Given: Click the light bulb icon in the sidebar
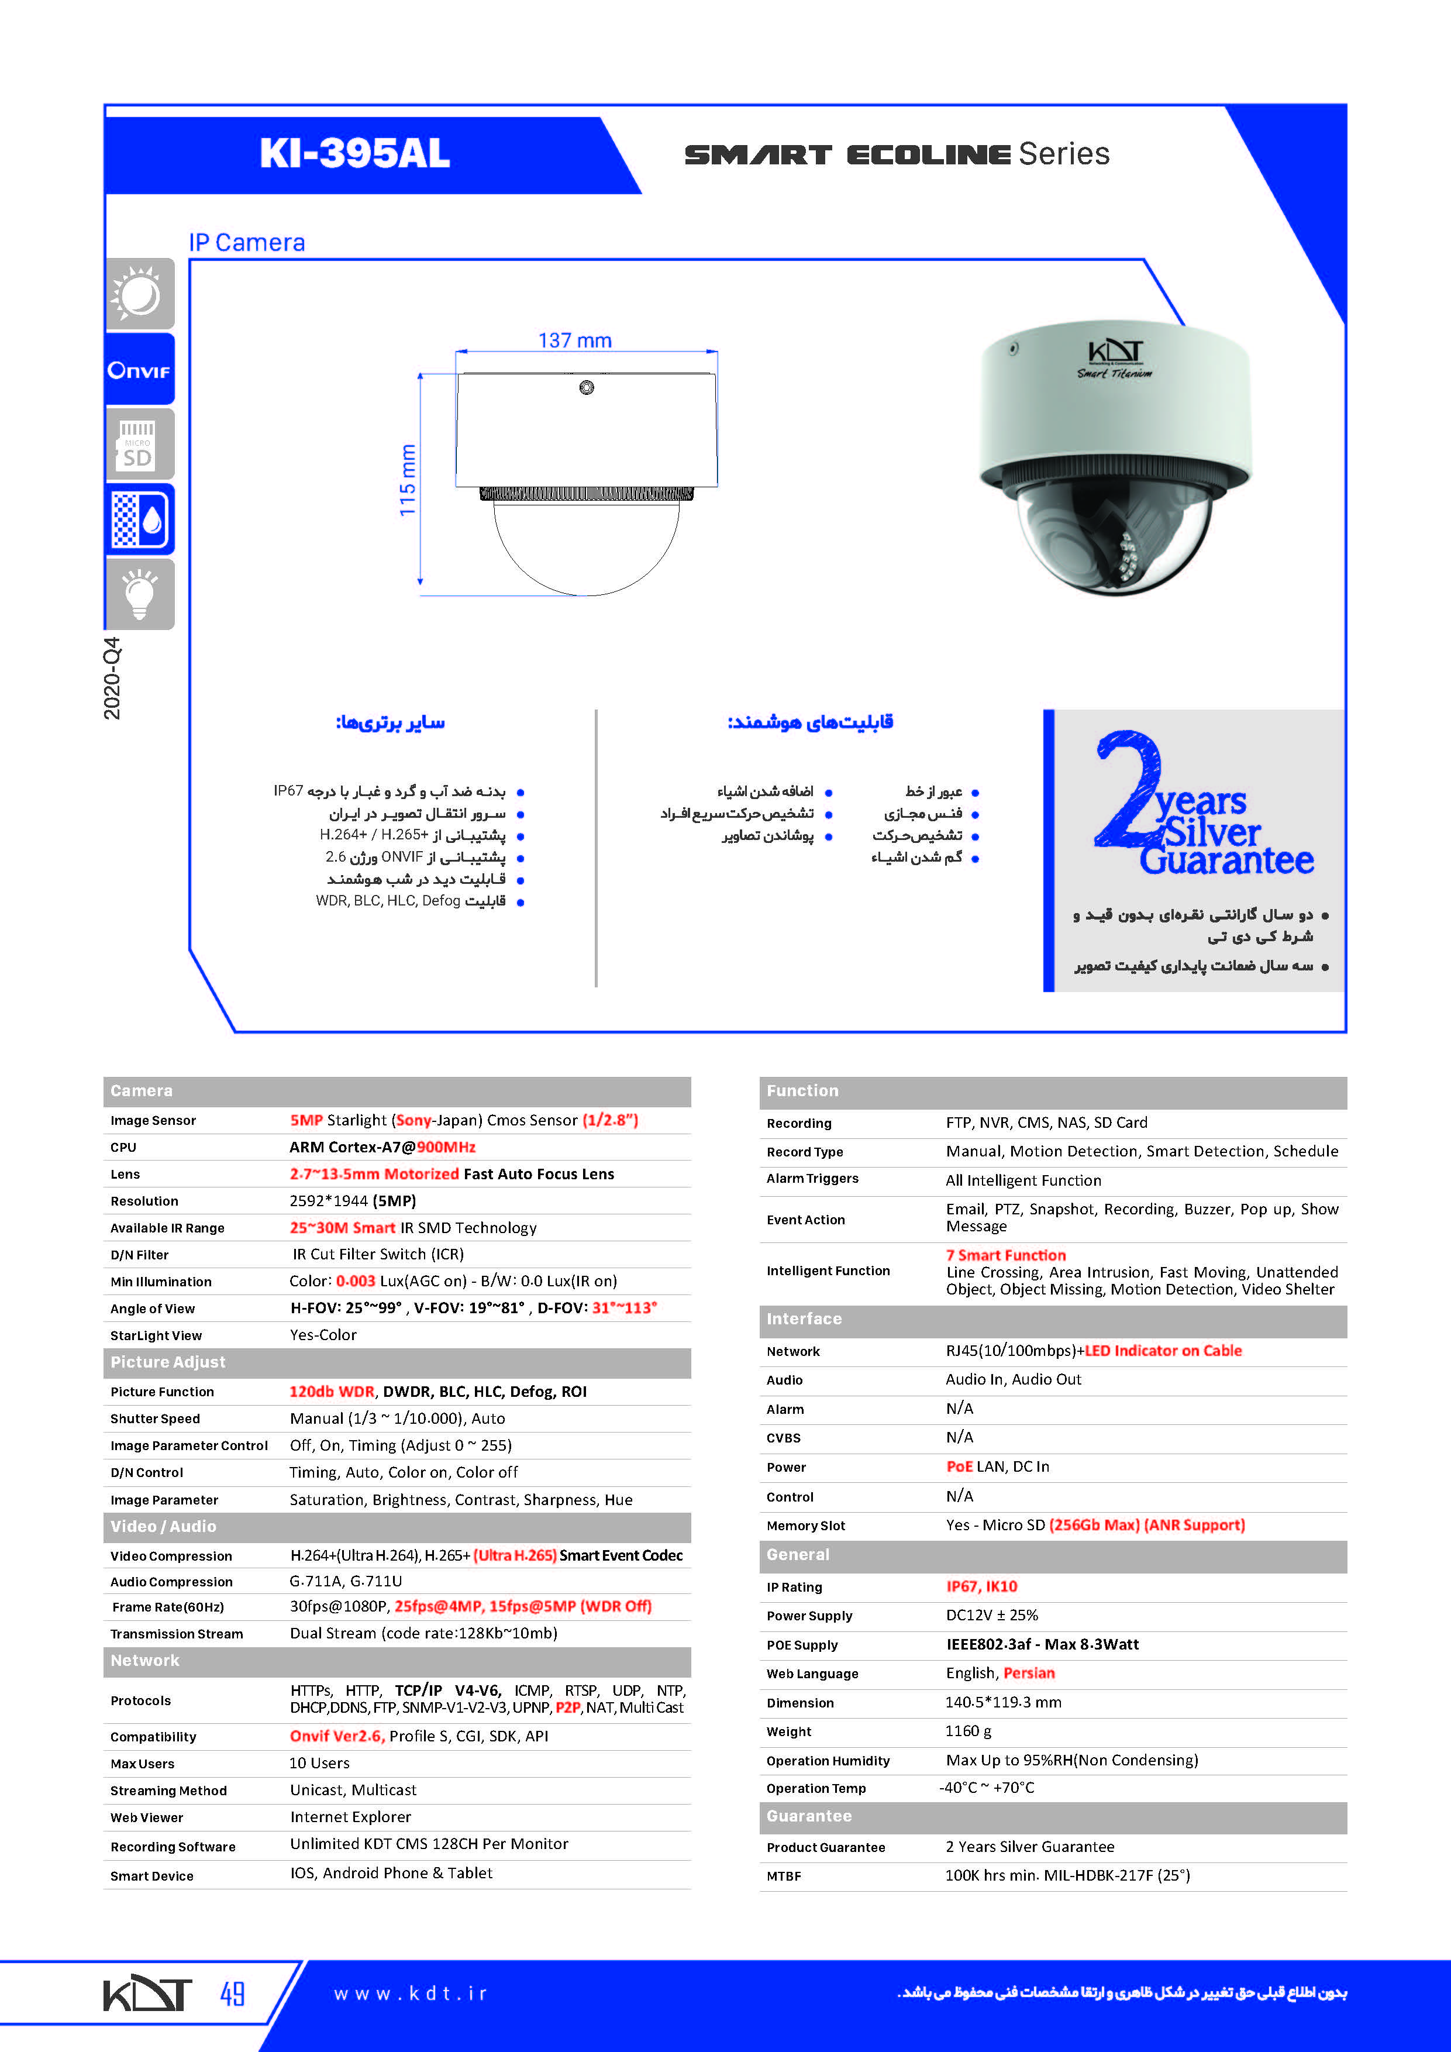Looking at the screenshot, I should point(139,594).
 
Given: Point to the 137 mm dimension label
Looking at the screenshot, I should point(574,340).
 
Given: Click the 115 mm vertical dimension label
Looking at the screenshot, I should point(408,481).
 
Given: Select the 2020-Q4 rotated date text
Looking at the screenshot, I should point(112,679).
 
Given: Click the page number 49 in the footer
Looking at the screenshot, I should point(232,1993).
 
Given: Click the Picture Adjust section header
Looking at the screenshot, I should point(168,1362).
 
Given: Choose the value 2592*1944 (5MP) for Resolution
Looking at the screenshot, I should point(353,1200).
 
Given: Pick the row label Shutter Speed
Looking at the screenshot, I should point(156,1419).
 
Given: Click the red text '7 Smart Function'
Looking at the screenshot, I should point(1006,1255).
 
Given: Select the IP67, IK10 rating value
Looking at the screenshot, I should point(981,1586).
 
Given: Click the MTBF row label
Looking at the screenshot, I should point(784,1876).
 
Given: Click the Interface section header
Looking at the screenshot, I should point(804,1319).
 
